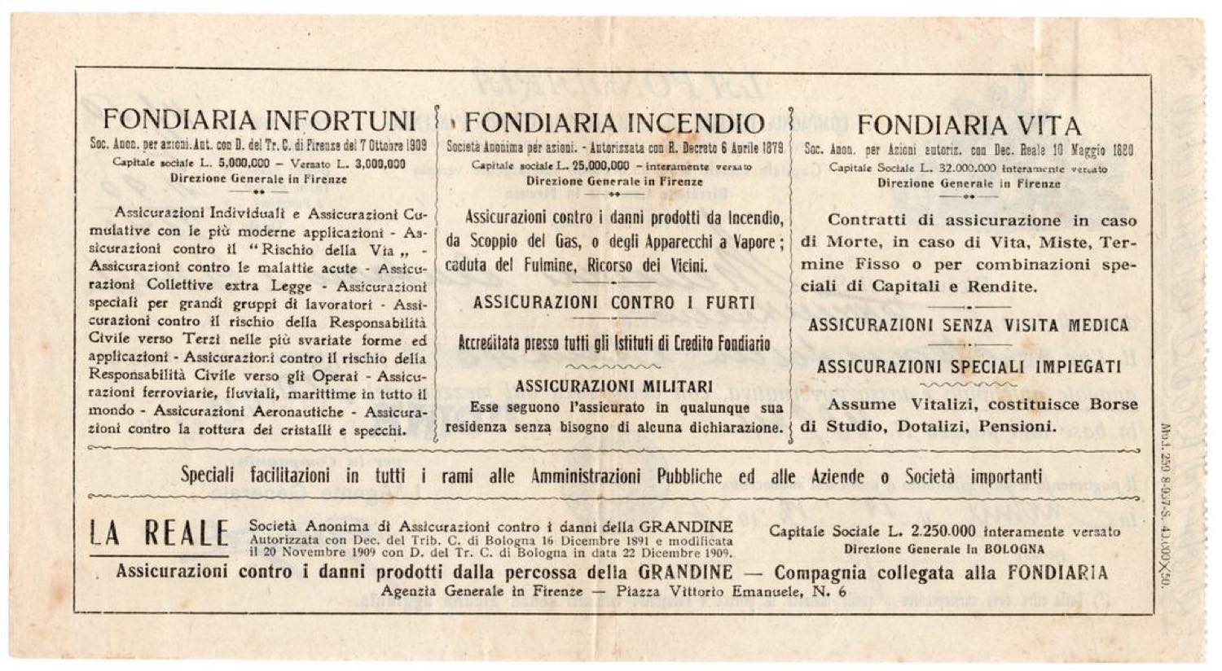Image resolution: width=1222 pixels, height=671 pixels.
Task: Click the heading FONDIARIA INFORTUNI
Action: click(260, 121)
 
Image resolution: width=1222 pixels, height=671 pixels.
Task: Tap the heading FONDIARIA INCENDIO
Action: click(614, 124)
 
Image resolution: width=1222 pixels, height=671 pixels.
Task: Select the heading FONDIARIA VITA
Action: click(969, 126)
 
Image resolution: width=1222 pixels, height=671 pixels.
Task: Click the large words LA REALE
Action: click(158, 534)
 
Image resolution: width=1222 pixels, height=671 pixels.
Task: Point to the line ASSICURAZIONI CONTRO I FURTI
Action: click(614, 303)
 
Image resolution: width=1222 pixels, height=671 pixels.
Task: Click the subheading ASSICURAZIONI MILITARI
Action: click(614, 387)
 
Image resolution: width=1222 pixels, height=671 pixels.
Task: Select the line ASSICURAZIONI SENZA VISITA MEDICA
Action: click(969, 326)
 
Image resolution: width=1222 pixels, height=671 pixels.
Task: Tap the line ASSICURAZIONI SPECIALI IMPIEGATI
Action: click(969, 367)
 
